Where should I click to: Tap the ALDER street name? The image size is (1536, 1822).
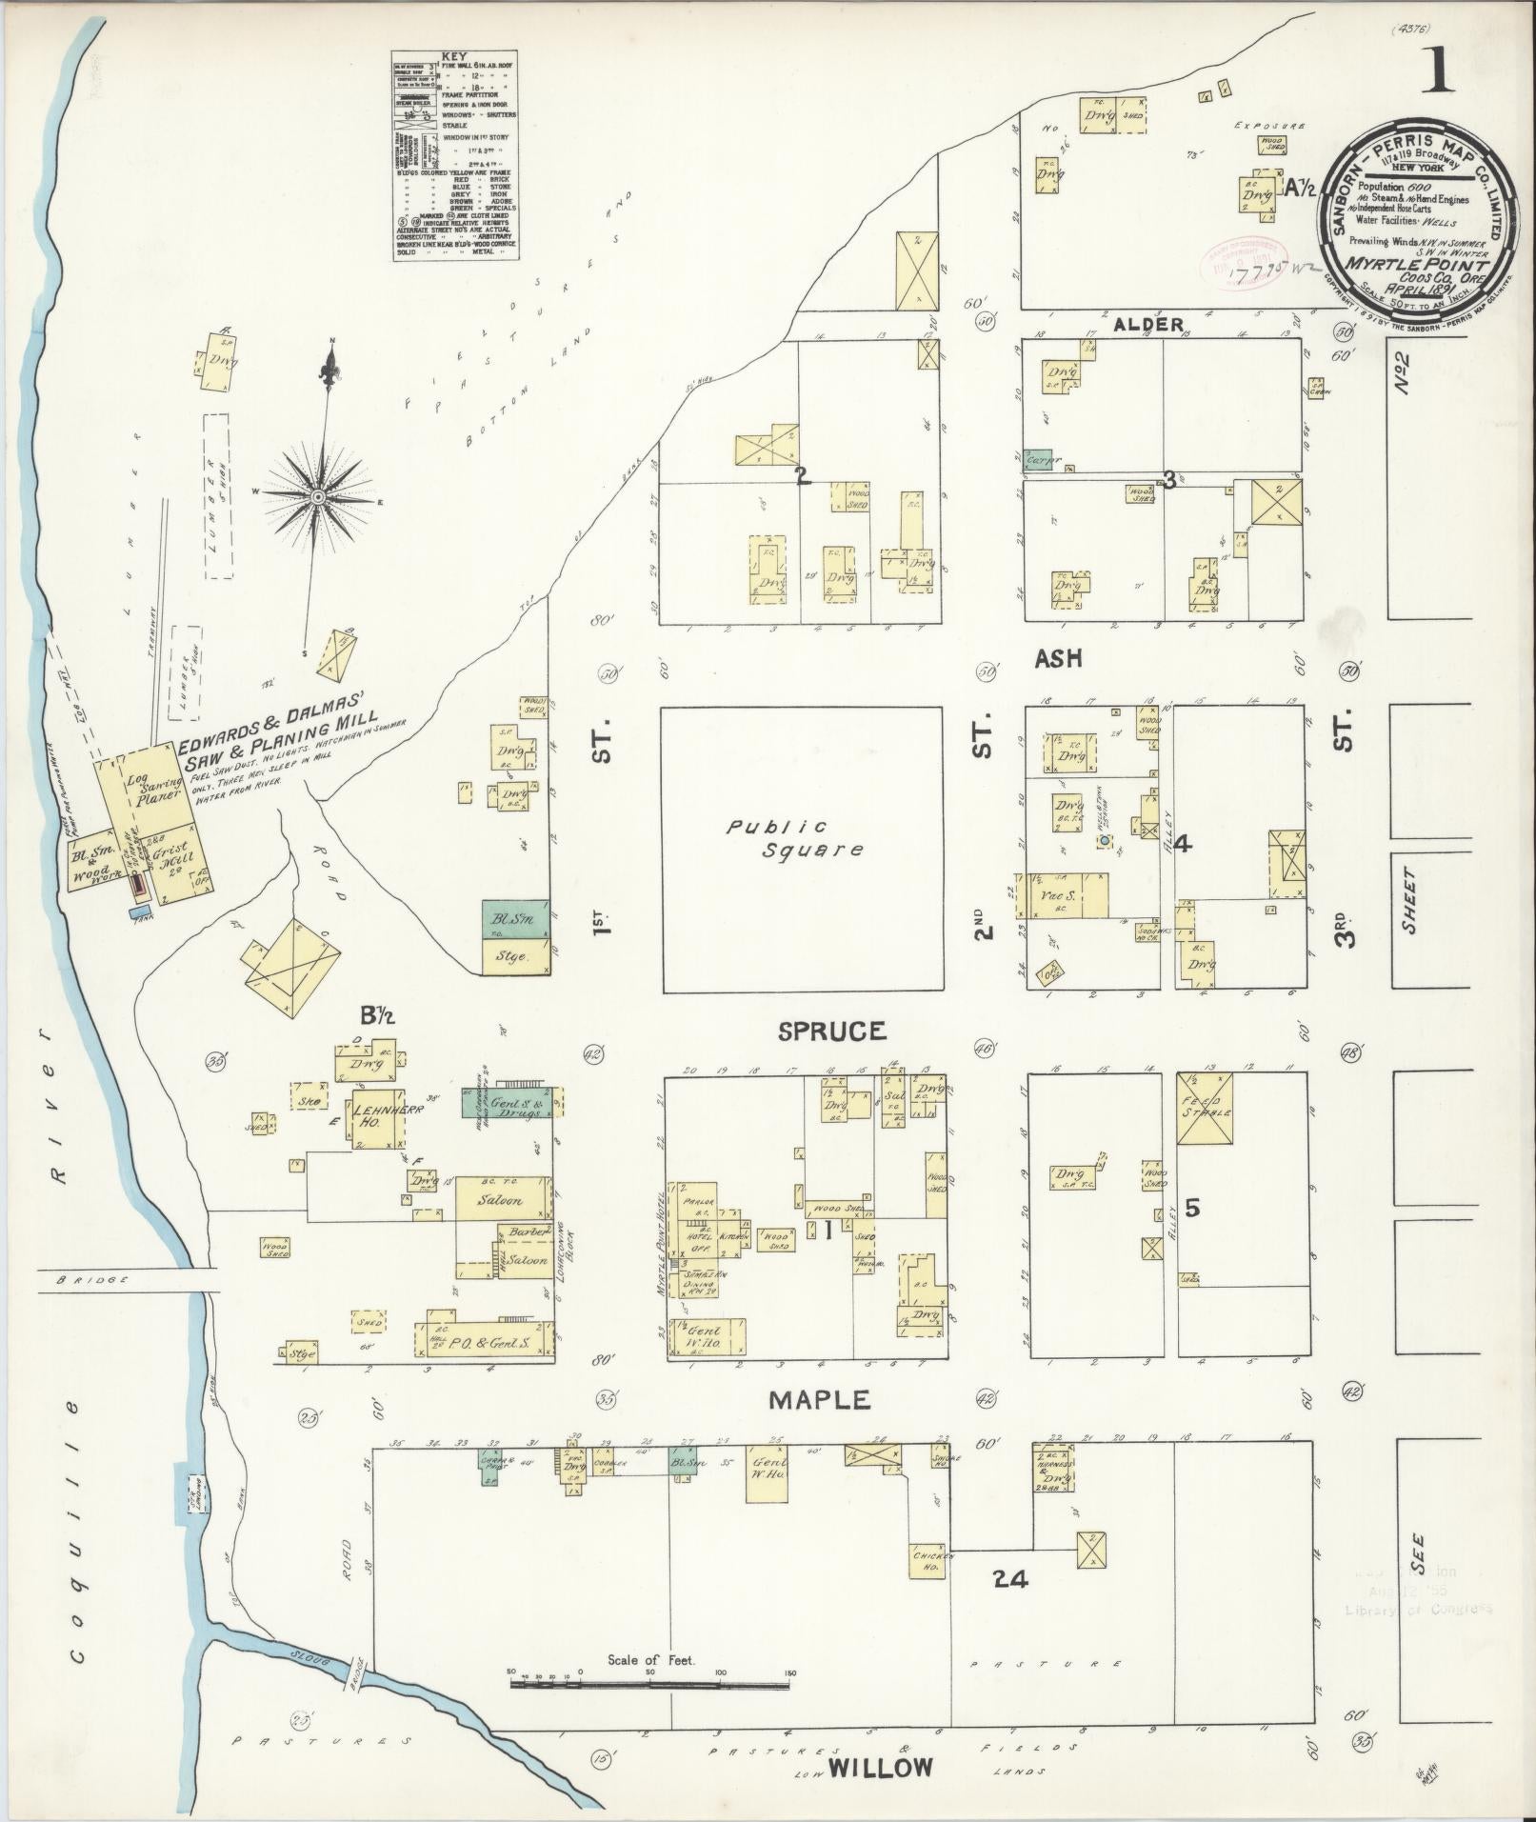1147,325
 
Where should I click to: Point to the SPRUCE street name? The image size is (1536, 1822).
831,1031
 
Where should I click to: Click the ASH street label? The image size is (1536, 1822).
1059,659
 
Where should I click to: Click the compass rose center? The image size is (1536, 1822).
318,496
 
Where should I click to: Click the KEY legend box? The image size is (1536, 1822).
455,155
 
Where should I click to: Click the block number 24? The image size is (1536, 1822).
1009,1579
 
